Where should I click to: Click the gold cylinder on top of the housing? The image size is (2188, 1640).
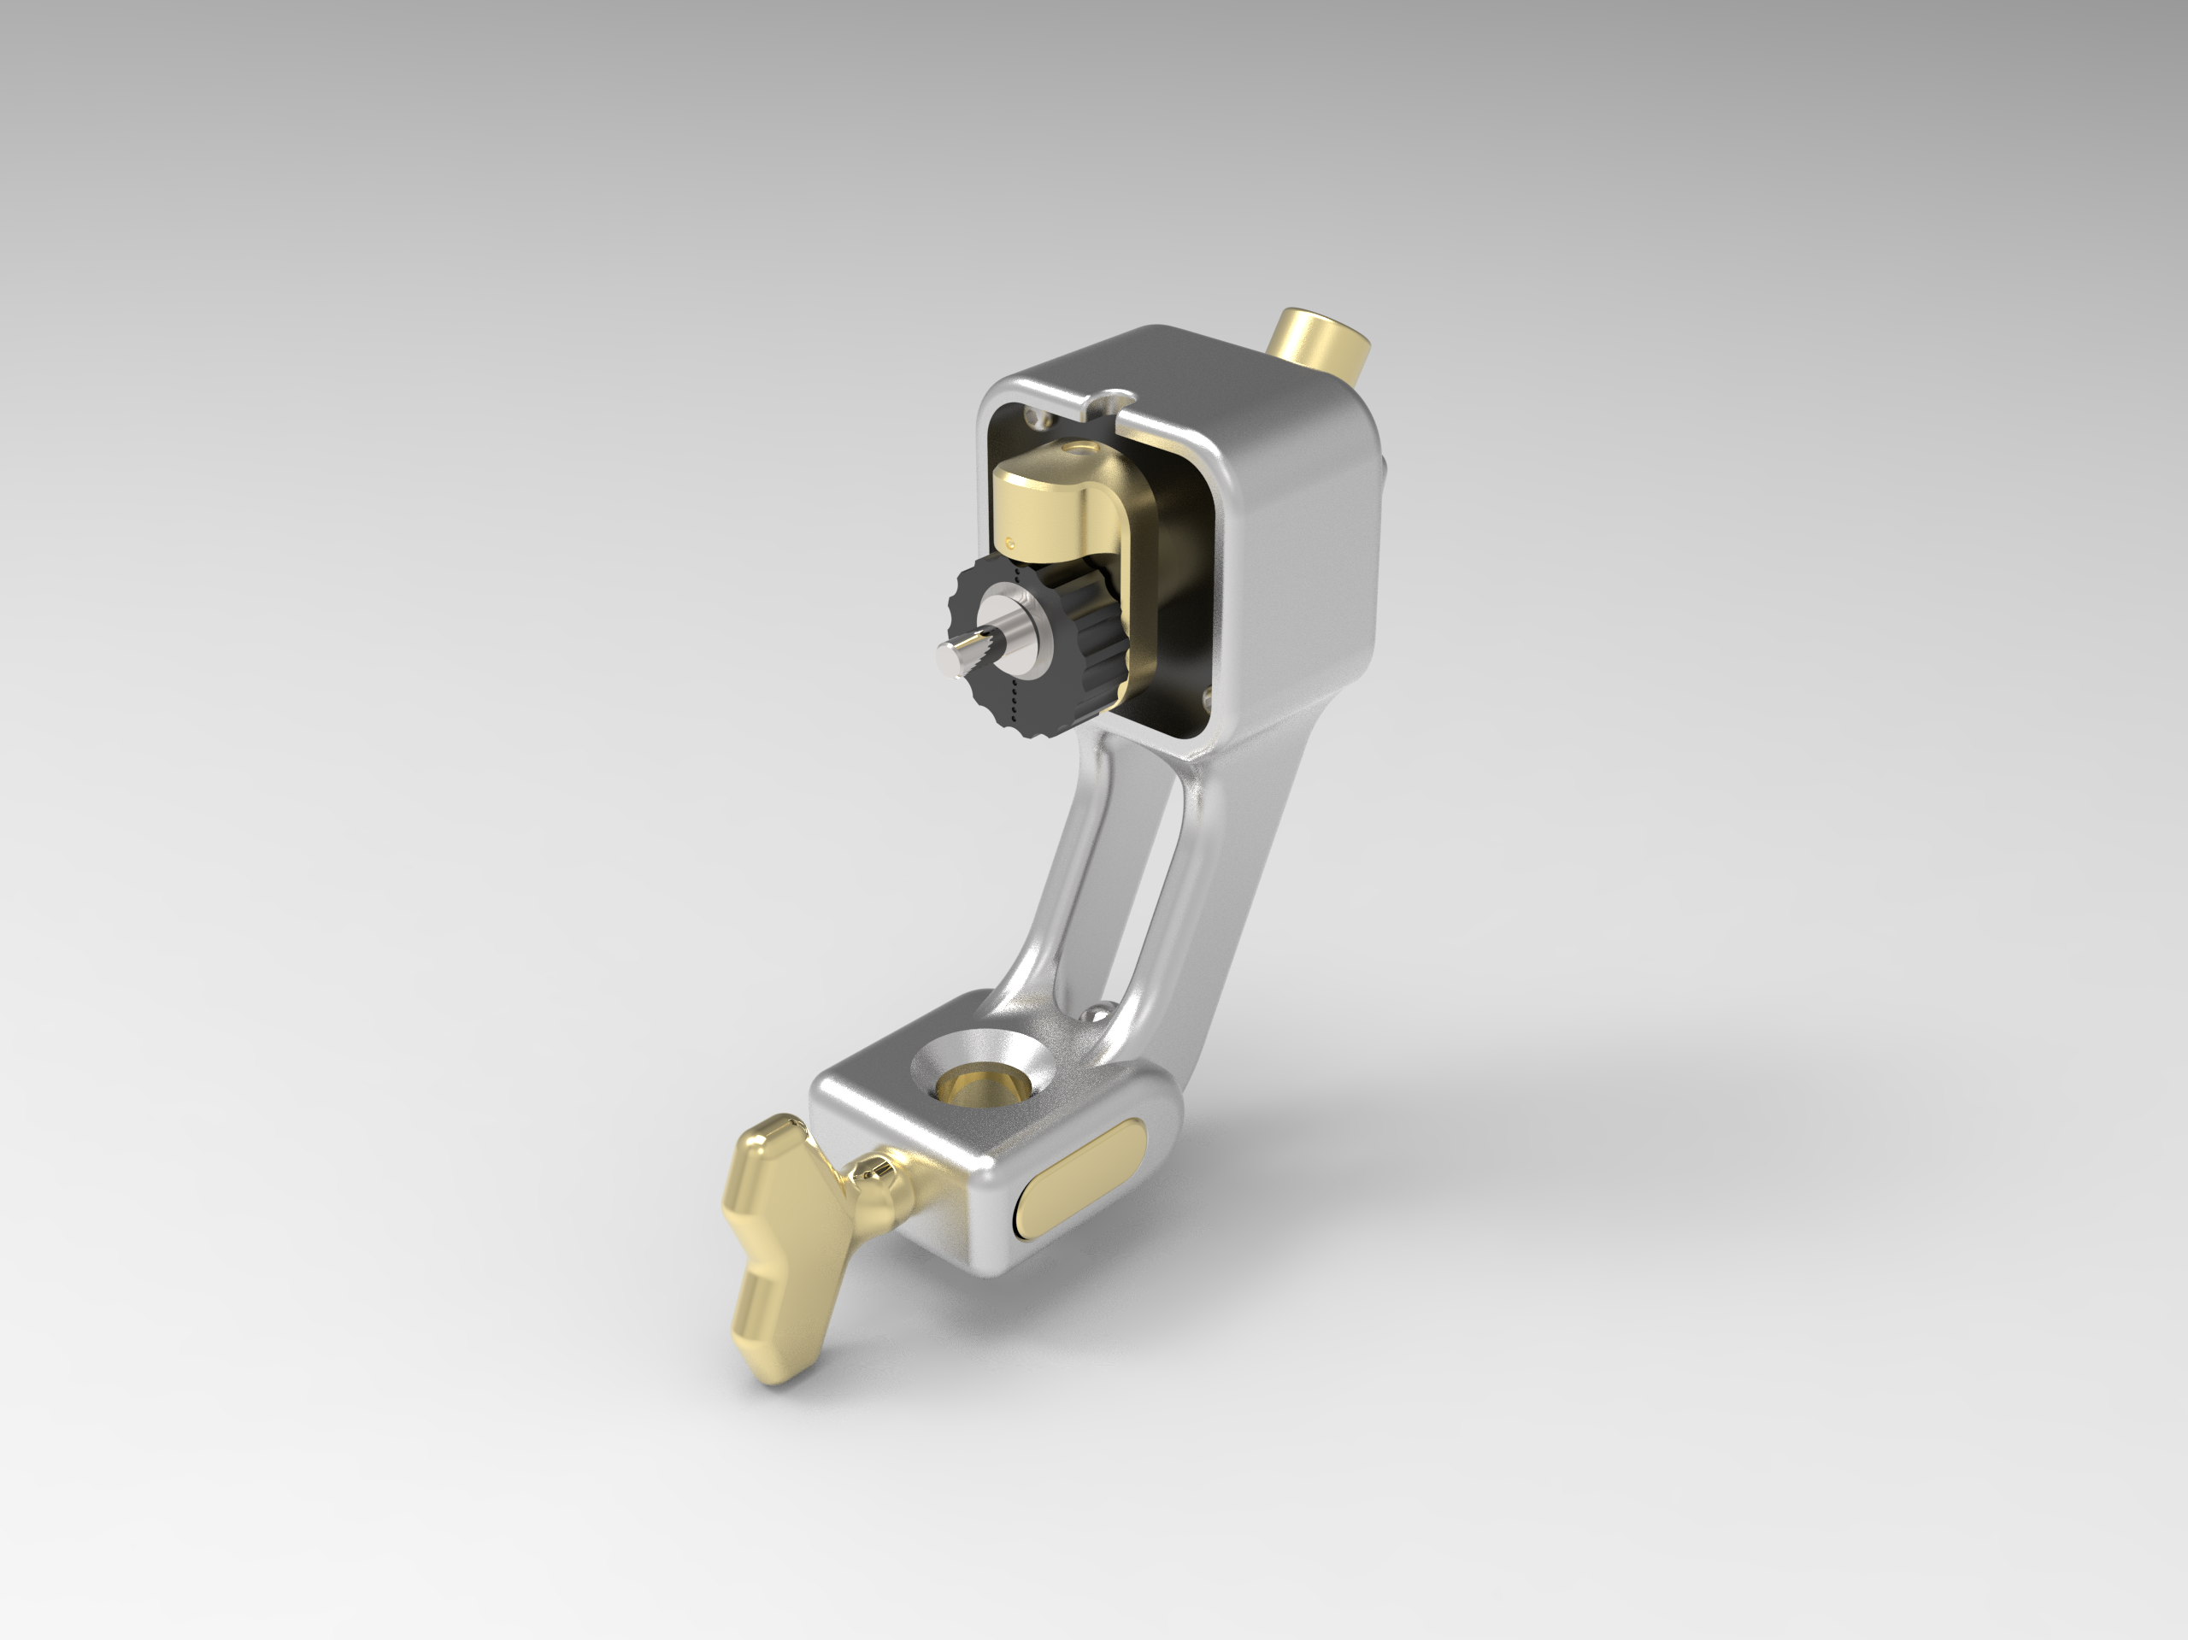[1318, 348]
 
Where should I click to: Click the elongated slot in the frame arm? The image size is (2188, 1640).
[1138, 891]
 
